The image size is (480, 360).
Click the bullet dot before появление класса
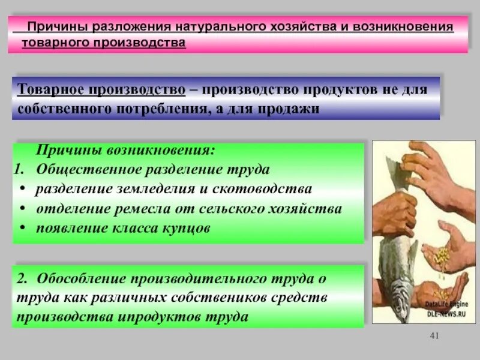click(22, 229)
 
